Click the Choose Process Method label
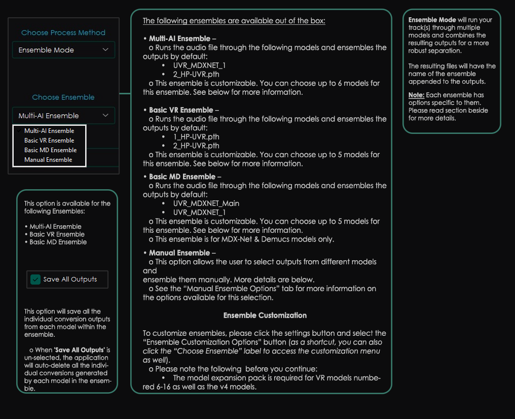tap(63, 32)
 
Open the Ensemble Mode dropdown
tap(63, 50)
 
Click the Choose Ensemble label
tap(63, 97)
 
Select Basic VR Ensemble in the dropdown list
tap(49, 141)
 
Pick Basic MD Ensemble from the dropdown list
tap(50, 150)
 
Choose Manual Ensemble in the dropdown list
tap(48, 160)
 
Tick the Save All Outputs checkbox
tap(35, 280)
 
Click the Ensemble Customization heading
tap(265, 315)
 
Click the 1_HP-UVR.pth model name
tap(196, 136)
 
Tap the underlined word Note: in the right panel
tap(416, 95)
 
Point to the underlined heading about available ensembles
tap(234, 21)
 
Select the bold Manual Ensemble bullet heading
tap(179, 253)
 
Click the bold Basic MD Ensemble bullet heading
tap(182, 177)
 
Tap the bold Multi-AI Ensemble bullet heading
tap(179, 39)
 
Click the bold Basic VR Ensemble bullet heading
tap(181, 110)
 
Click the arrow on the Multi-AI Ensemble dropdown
tap(105, 116)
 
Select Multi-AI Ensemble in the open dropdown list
tap(49, 131)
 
